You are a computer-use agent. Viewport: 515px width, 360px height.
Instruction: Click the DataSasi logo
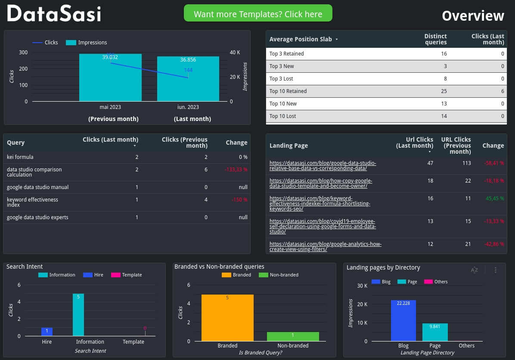pos(54,14)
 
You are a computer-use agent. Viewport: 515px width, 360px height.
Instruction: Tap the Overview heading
pos(472,16)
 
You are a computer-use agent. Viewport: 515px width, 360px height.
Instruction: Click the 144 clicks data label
pos(188,70)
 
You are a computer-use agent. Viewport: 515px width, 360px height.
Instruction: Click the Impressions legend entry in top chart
pos(87,43)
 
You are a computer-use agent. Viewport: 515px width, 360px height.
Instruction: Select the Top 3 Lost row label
pos(281,79)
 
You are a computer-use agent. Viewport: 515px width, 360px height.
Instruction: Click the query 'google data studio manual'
pos(38,187)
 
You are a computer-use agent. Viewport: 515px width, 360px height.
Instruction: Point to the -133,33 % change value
pos(236,170)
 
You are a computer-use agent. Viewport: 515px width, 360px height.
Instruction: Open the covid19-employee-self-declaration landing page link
pos(323,226)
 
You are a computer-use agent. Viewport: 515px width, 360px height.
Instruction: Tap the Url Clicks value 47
pos(430,163)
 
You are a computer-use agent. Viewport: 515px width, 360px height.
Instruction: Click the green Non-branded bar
pos(293,336)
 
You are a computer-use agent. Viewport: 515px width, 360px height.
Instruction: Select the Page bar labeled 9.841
pos(435,332)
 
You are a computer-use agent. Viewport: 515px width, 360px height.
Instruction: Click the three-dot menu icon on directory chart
pos(496,270)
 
